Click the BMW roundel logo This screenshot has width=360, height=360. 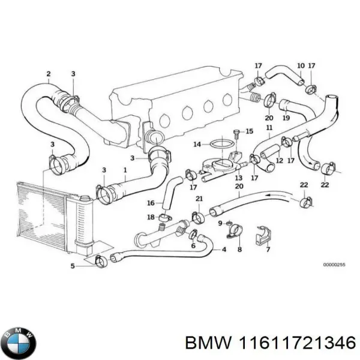click(19, 343)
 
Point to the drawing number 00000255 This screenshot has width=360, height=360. click(335, 265)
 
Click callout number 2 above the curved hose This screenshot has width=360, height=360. click(48, 74)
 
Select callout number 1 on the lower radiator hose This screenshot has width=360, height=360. click(124, 170)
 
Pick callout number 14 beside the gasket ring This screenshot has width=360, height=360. click(197, 144)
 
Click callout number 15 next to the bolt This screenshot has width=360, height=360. click(250, 131)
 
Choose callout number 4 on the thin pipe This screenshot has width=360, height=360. click(224, 249)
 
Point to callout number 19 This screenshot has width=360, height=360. click(286, 119)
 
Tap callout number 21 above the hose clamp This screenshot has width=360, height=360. click(199, 199)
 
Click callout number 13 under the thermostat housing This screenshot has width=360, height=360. click(238, 178)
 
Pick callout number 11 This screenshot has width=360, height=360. click(269, 128)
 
